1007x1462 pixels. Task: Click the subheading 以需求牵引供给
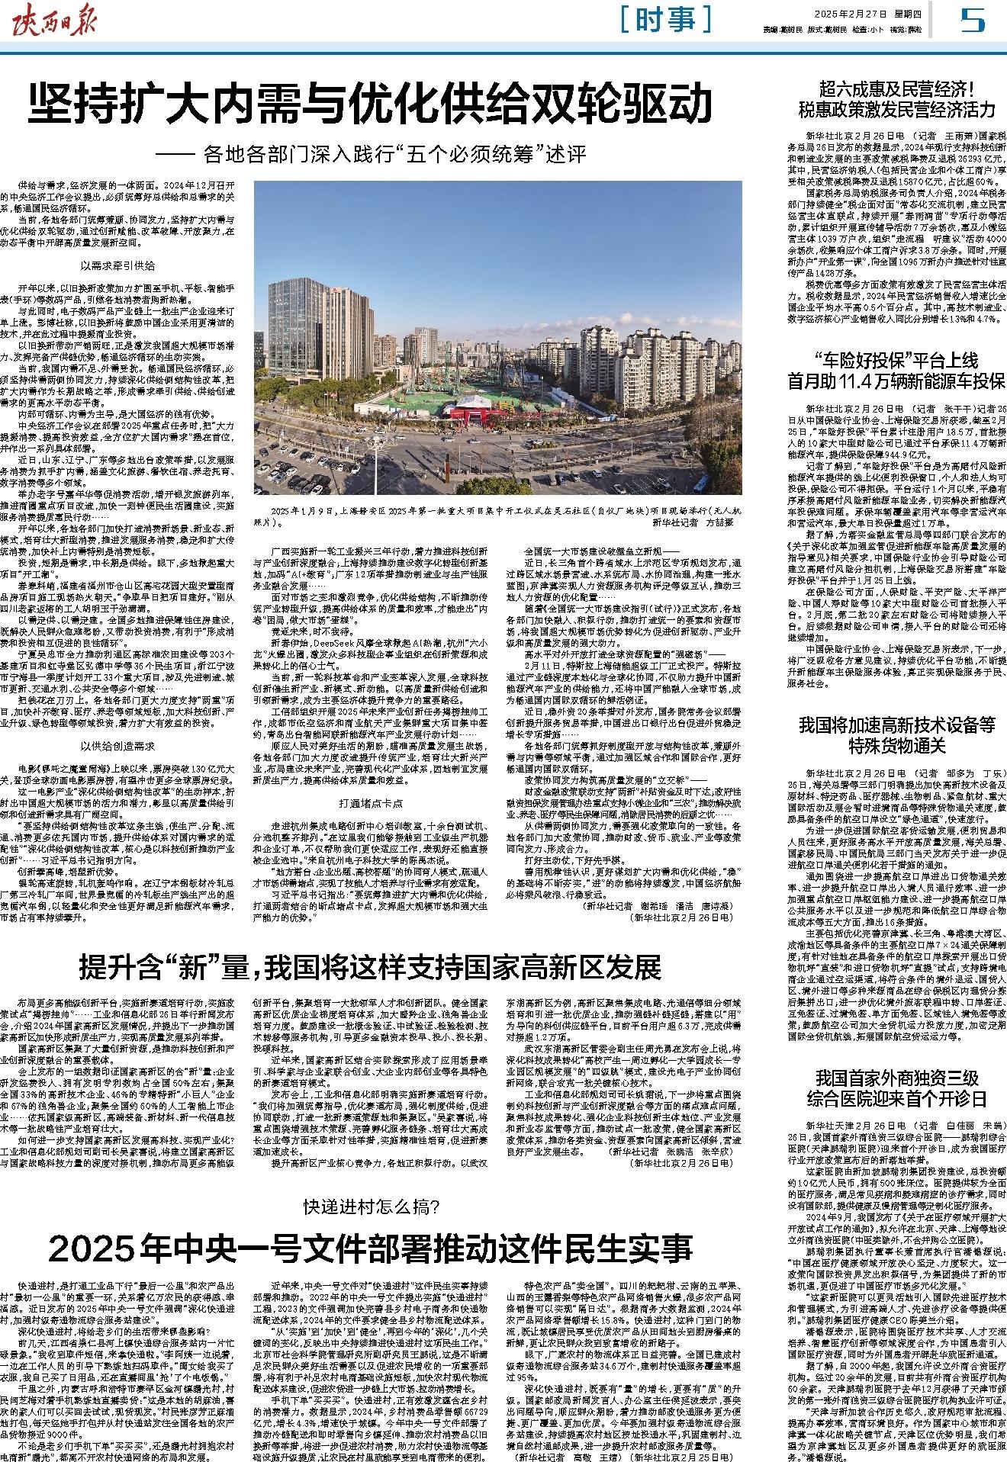pyautogui.click(x=118, y=266)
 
